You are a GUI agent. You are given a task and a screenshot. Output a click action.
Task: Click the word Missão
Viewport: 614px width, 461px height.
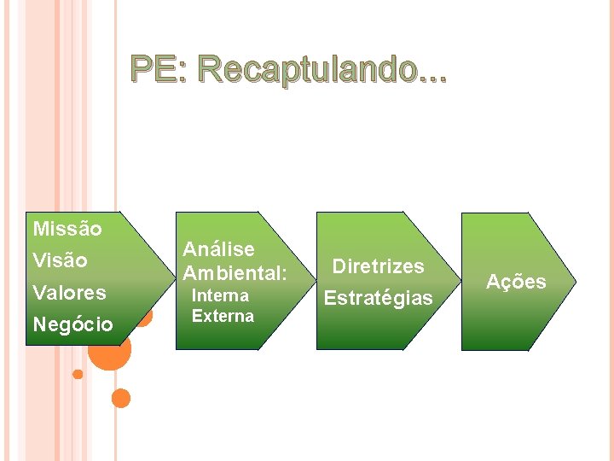[x=67, y=229]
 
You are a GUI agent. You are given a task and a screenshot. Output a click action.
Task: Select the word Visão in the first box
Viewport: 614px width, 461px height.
[x=60, y=260]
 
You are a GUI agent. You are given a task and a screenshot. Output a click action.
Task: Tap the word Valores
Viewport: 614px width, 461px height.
[x=69, y=293]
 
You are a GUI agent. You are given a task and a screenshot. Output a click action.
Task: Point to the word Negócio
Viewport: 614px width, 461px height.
[x=72, y=324]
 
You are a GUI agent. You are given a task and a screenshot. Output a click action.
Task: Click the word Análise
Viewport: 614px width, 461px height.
[x=219, y=249]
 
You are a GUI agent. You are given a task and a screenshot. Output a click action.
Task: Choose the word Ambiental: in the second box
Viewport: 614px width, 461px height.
[x=235, y=273]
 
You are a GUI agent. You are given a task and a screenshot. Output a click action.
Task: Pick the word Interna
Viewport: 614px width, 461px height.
[x=220, y=295]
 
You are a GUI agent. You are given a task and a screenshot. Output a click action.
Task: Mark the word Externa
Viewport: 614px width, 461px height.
[x=223, y=316]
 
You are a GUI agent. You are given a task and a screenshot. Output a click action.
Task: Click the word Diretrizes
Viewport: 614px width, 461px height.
[x=378, y=266]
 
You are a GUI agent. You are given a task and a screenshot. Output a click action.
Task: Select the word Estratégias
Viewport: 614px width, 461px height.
[x=379, y=299]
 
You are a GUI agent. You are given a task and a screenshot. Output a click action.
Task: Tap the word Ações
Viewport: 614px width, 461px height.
[x=516, y=283]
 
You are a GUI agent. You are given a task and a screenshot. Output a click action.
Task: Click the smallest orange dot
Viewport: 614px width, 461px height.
[x=78, y=374]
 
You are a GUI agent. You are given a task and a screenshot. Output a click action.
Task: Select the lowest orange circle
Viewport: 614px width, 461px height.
[x=121, y=398]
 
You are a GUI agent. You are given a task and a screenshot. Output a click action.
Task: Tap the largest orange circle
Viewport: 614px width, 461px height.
[x=110, y=349]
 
